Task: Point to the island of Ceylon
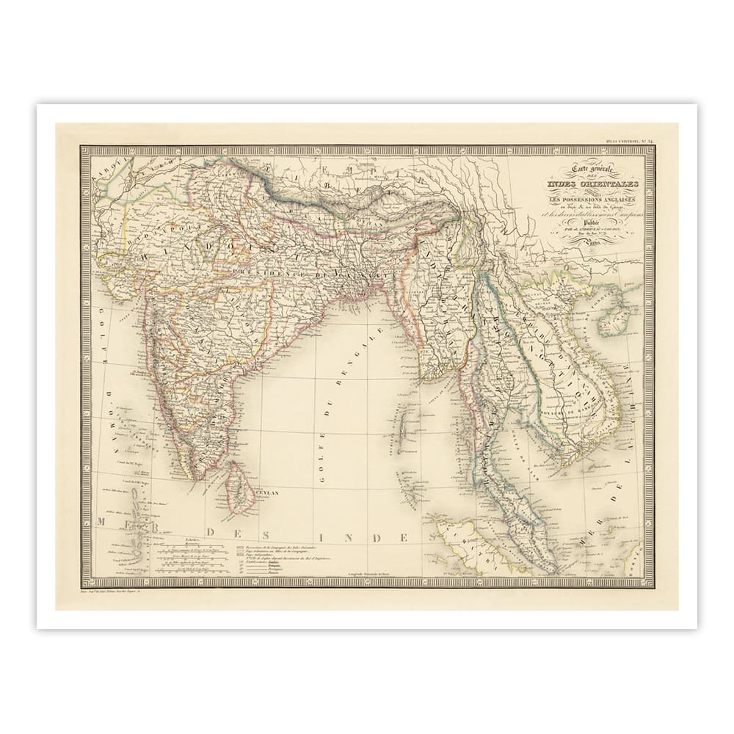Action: (x=239, y=488)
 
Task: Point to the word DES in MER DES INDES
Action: (x=227, y=532)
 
